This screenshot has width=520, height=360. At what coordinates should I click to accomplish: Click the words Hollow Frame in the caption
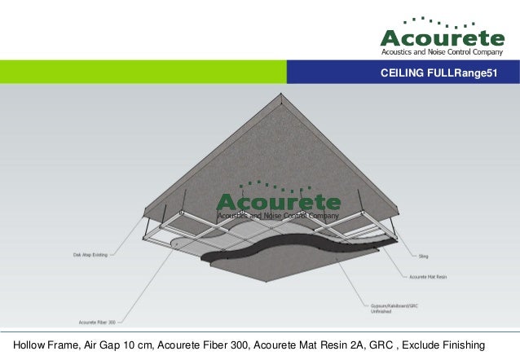click(x=38, y=345)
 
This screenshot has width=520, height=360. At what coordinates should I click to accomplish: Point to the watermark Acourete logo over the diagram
click(x=278, y=202)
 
